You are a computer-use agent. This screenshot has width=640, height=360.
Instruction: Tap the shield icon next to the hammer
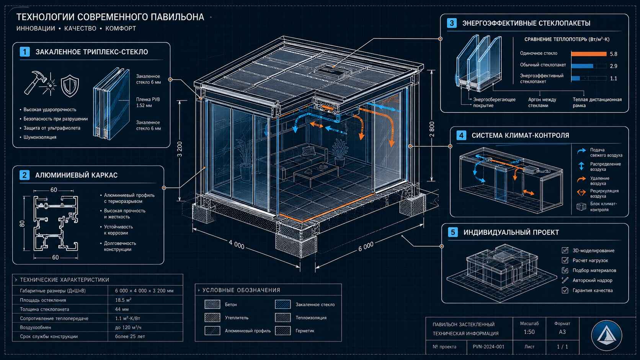point(70,86)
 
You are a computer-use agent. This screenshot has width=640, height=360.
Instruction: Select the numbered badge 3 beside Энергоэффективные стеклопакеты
point(452,23)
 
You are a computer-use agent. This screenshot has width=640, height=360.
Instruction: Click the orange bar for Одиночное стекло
point(589,54)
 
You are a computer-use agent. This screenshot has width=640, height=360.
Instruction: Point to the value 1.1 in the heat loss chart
point(614,78)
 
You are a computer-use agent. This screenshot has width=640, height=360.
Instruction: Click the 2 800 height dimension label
point(432,129)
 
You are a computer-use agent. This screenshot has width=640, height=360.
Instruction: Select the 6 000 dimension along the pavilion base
point(366,247)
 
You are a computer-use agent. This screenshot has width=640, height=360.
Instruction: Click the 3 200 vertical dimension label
point(180,149)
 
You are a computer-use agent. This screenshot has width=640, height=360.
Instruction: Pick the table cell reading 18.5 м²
point(123,300)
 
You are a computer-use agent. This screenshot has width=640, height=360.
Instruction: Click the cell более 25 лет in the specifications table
point(130,337)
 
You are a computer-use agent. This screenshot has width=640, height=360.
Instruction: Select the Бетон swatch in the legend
point(212,305)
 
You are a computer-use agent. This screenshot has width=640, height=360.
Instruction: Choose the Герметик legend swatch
point(283,331)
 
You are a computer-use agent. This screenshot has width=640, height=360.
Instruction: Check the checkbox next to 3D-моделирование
point(565,251)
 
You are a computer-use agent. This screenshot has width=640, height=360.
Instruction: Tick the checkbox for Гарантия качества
point(565,290)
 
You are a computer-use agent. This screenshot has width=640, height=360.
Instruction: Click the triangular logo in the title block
point(606,336)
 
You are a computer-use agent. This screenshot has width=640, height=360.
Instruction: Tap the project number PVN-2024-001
point(488,347)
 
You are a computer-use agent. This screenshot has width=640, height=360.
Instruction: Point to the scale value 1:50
point(529,332)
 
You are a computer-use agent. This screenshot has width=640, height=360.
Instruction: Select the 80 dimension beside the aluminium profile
point(22,223)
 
